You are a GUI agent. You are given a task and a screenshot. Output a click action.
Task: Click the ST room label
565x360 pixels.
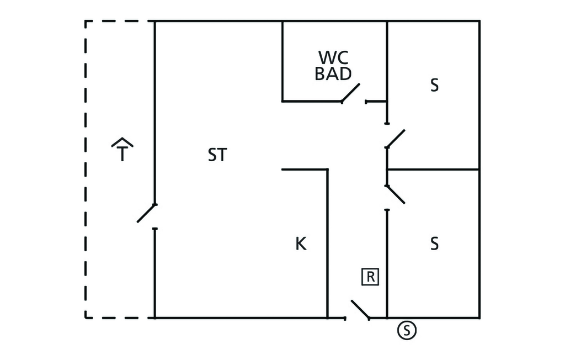[x=217, y=155]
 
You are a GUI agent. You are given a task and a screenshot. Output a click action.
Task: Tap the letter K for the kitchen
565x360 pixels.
[x=301, y=243]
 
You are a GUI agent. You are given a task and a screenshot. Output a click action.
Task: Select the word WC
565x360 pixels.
[x=334, y=57]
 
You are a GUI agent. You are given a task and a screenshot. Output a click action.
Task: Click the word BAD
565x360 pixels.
[x=333, y=73]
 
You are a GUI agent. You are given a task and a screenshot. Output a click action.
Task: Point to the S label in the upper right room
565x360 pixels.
[x=435, y=86]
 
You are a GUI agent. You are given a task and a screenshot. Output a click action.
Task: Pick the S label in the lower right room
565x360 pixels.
[x=435, y=243]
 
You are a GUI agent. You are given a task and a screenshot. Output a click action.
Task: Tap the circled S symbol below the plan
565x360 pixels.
[x=407, y=330]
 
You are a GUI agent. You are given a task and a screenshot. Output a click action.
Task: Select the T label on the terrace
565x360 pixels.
[x=122, y=155]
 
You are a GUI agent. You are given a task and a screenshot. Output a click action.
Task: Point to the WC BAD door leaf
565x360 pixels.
[x=351, y=93]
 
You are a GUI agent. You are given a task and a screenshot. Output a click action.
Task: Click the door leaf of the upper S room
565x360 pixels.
[x=396, y=139]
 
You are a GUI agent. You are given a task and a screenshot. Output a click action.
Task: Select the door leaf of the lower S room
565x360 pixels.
[x=396, y=194]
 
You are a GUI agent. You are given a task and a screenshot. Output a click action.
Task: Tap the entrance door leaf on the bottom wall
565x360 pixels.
[x=360, y=310]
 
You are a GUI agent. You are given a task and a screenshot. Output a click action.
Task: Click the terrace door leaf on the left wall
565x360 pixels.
[x=147, y=213]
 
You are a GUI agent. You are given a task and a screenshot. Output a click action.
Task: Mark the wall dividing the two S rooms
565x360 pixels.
[x=433, y=169]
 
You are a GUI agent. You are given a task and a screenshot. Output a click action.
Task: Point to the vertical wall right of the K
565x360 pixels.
[x=328, y=243]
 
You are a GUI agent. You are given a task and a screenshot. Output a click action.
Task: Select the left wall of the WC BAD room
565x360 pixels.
[x=282, y=61]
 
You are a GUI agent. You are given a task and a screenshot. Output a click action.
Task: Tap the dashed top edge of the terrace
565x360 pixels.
[x=119, y=22]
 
